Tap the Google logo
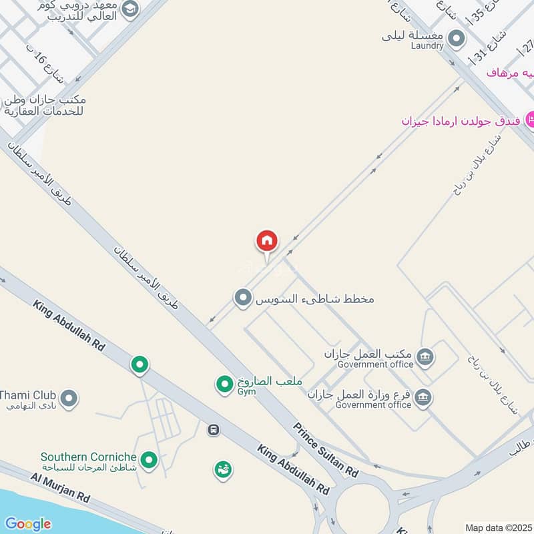[x=27, y=524]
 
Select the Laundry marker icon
[x=457, y=38]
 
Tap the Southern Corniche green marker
[x=150, y=459]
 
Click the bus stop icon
[x=214, y=430]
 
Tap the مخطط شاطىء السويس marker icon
[x=242, y=298]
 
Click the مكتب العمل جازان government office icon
[x=424, y=358]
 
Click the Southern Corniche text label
[x=89, y=457]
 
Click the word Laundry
[x=427, y=46]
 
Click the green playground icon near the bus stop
[x=223, y=470]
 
